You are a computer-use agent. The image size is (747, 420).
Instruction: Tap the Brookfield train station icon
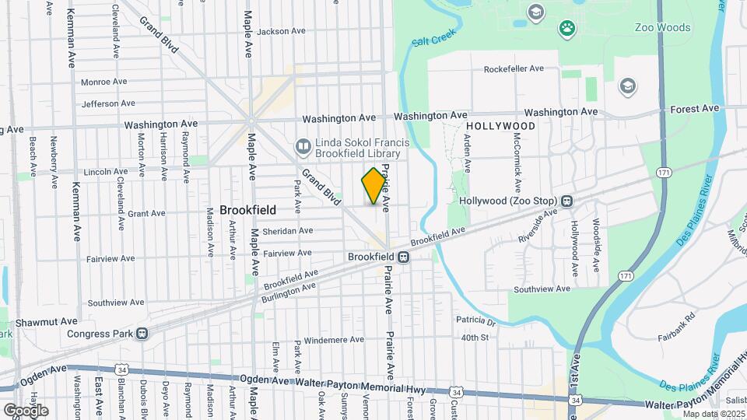pyautogui.click(x=404, y=257)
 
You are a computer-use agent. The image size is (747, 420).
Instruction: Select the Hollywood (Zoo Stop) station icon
pyautogui.click(x=567, y=201)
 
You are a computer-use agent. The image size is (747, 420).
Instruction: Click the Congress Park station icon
pyautogui.click(x=142, y=334)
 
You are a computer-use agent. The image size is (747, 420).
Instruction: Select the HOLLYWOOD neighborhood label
pyautogui.click(x=501, y=126)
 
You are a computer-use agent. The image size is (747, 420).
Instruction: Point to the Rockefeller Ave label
pyautogui.click(x=514, y=68)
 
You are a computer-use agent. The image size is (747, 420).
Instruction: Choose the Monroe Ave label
pyautogui.click(x=103, y=82)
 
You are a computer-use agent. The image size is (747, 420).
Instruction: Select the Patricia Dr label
pyautogui.click(x=475, y=320)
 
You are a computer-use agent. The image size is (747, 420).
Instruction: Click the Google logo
pyautogui.click(x=25, y=410)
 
